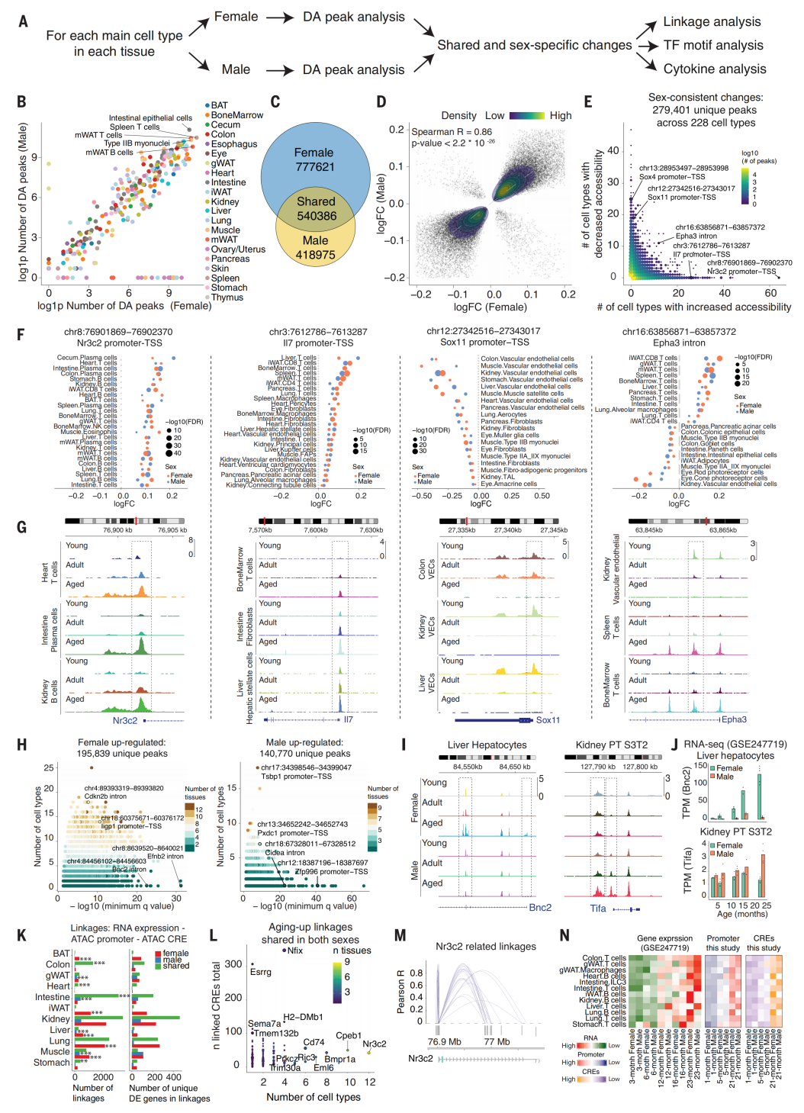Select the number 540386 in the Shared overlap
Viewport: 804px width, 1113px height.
(x=316, y=216)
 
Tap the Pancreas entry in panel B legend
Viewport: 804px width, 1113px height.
(x=230, y=259)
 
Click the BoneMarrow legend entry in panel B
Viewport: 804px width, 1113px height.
(x=236, y=115)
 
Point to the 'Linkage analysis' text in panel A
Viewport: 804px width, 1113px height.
(x=712, y=21)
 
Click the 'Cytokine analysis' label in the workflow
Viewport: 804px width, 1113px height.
(x=715, y=69)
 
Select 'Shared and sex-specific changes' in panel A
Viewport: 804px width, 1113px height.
(x=534, y=45)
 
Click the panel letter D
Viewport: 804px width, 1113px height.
(x=381, y=101)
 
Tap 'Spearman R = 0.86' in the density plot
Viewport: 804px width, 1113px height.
(x=452, y=132)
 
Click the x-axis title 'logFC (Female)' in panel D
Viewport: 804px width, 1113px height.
(x=490, y=307)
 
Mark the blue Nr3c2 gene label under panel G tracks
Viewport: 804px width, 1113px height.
(x=125, y=720)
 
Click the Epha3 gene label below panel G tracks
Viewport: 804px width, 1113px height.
(x=734, y=719)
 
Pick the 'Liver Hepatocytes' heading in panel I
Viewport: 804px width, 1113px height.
(x=487, y=745)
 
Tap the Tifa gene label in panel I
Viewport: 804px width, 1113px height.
(x=598, y=908)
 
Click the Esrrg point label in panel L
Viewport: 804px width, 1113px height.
(x=260, y=972)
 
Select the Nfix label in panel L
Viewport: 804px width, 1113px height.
(x=294, y=951)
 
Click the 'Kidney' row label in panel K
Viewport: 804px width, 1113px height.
(x=56, y=1019)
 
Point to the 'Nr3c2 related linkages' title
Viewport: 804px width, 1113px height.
(x=485, y=947)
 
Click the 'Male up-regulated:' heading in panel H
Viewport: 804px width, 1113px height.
(x=304, y=742)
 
